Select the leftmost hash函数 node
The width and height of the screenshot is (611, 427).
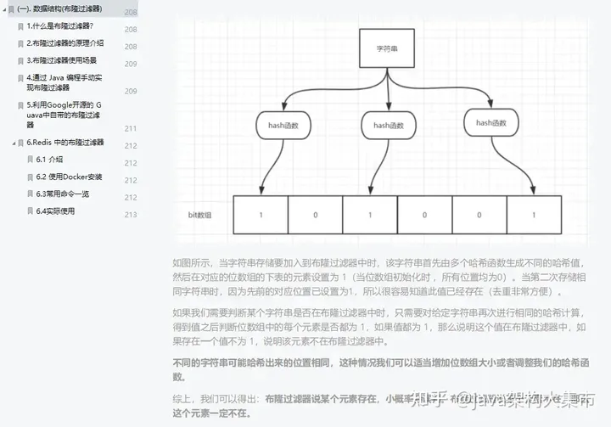pos(283,126)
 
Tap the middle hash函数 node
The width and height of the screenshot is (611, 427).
pos(387,126)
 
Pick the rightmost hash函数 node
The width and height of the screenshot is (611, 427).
pos(490,123)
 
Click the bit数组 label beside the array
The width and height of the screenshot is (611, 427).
pos(199,216)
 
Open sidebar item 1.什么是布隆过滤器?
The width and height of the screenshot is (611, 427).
pos(60,26)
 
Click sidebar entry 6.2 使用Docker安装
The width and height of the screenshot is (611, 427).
pos(69,177)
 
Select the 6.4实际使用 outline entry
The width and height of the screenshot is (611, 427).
pos(55,211)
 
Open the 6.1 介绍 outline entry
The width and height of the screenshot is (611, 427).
pos(49,160)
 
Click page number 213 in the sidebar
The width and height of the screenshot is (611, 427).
pos(131,215)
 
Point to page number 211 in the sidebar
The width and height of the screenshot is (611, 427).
pos(131,128)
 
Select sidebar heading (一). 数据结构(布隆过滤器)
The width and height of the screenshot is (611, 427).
pos(59,8)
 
